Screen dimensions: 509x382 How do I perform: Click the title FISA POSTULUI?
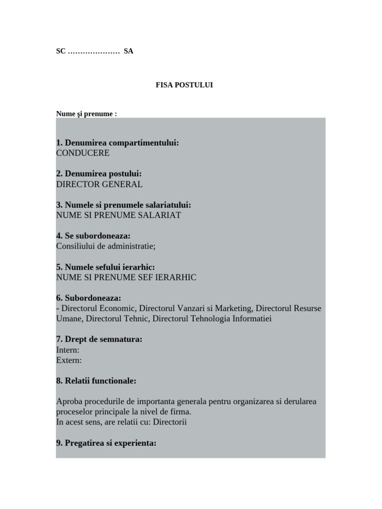(184, 85)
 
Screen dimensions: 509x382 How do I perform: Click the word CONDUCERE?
(83, 153)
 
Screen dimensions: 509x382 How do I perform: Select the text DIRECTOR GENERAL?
(99, 184)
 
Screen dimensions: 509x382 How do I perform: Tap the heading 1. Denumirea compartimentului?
(117, 143)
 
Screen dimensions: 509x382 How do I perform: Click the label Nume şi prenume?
(86, 114)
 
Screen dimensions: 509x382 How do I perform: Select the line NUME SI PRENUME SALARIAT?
(119, 215)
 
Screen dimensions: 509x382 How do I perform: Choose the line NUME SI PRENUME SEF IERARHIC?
(126, 277)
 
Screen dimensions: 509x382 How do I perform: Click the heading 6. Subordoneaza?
(89, 298)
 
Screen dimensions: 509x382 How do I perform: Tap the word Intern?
(68, 350)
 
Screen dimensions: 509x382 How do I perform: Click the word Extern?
(69, 360)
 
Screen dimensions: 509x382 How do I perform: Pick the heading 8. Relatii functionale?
(96, 381)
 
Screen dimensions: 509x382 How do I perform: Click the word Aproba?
(70, 402)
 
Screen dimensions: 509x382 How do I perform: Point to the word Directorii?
(170, 423)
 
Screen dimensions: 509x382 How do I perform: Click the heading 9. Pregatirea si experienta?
(106, 443)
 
